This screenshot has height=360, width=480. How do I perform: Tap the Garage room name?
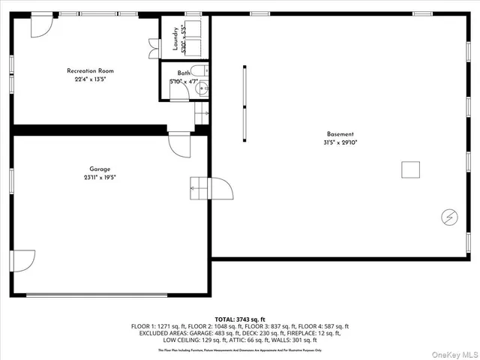coord(99,169)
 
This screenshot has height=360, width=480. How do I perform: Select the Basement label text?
coord(340,134)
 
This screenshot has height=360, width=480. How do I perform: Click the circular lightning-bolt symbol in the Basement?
coord(449,217)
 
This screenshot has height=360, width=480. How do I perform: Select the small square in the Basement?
coord(410,169)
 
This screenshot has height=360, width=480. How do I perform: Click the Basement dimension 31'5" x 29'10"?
coord(340,142)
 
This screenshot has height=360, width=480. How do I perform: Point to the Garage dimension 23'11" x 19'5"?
coord(99,178)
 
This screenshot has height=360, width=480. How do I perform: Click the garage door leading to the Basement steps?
coord(223,187)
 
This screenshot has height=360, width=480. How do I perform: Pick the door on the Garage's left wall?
coord(23,260)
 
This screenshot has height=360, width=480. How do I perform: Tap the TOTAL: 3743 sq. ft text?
coord(240,319)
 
